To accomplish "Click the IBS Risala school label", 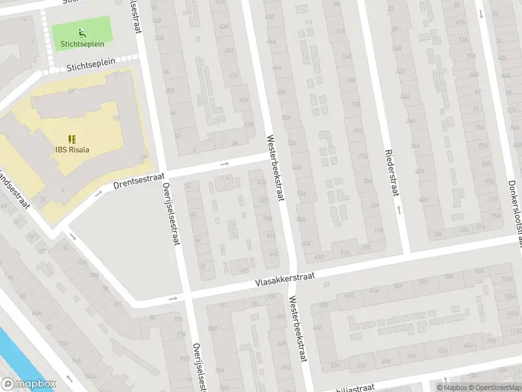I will [x=72, y=149].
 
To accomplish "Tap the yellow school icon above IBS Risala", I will [x=72, y=139].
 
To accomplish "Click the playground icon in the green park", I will [x=82, y=33].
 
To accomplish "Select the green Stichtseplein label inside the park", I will [x=82, y=44].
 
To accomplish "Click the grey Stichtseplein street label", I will [x=91, y=63].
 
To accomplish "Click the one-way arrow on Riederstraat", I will [x=398, y=210].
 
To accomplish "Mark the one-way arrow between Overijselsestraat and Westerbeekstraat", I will [x=225, y=164].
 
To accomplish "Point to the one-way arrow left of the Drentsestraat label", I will [x=99, y=193].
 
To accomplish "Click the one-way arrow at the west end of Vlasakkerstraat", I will [x=173, y=299].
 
